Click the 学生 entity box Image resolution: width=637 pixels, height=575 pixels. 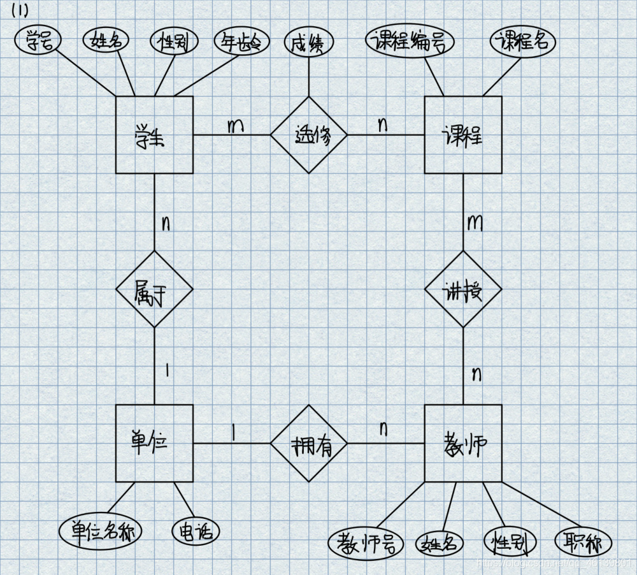pos(154,135)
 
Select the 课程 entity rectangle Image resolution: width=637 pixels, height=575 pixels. pos(463,135)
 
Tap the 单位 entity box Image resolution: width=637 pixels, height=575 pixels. pos(154,443)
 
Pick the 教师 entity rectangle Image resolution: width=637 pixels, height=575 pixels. pos(463,443)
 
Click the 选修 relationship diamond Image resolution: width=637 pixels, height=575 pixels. pos(309,135)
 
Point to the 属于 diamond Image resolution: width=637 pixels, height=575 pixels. pos(154,289)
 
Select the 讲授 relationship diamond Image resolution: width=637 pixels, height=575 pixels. pos(463,289)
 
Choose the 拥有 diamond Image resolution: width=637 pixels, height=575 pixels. pos(309,443)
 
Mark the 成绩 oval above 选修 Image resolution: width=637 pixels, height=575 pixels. pos(309,43)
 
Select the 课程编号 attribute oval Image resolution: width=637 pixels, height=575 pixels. pos(410,42)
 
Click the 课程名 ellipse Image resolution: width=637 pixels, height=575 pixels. pos(523,42)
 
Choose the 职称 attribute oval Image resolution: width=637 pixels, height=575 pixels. pos(583,543)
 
